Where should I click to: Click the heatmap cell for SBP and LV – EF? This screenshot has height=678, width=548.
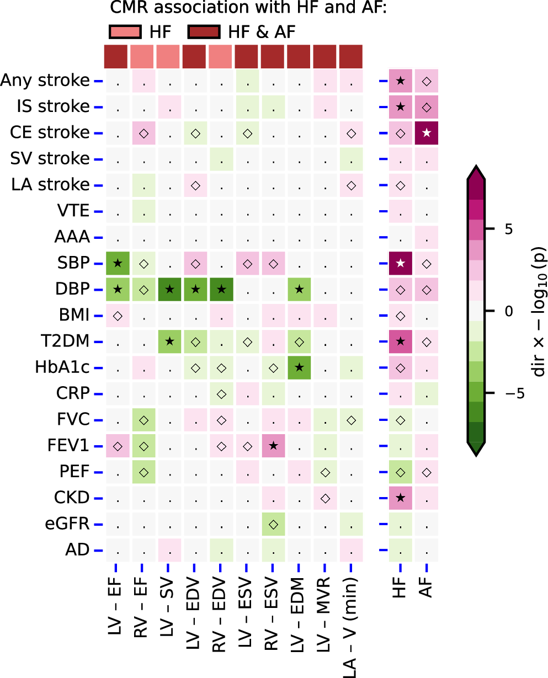point(118,264)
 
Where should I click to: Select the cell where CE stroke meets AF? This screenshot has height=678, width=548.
point(427,133)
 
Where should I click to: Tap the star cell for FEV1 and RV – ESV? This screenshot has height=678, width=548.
point(273,446)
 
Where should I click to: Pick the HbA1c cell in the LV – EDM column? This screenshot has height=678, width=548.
point(299,368)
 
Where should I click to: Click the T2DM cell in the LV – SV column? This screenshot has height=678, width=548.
point(170,342)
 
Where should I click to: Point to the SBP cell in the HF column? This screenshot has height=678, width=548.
point(401,264)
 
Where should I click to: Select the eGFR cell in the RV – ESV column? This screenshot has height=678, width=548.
point(273,524)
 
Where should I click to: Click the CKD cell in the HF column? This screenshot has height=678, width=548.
point(401,498)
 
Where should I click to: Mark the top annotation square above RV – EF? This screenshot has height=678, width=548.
point(143,56)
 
